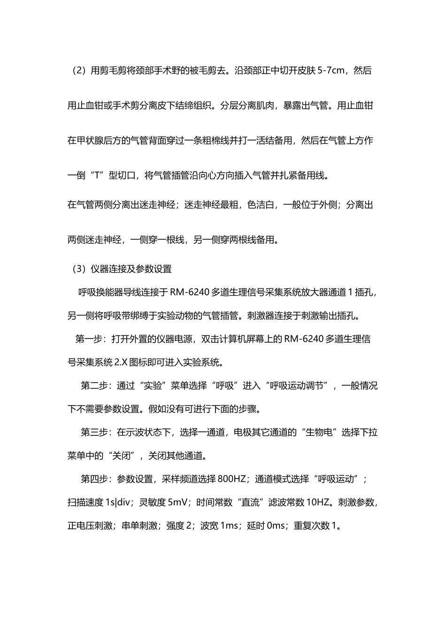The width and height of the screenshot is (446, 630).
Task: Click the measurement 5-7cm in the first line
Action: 331,71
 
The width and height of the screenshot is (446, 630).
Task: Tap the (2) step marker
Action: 78,71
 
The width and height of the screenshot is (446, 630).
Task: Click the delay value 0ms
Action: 276,525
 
